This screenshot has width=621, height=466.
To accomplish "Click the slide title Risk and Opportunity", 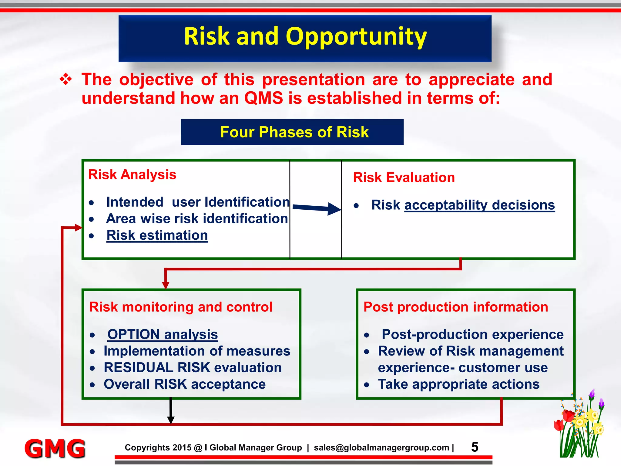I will click(305, 36).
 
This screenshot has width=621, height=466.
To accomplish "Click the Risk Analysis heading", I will click(132, 175).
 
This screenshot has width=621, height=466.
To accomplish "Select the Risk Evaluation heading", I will click(404, 177).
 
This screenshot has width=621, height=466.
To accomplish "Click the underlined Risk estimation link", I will click(157, 235).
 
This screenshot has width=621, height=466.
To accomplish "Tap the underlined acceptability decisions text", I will click(479, 205).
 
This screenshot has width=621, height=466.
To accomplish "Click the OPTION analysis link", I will click(163, 334).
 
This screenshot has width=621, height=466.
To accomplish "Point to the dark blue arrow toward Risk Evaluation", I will click(317, 208).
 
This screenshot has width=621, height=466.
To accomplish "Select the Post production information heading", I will click(456, 307).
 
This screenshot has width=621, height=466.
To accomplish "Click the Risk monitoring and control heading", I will click(181, 307).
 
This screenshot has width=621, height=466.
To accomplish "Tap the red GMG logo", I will click(55, 448).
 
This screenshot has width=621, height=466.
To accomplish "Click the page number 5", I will click(475, 447).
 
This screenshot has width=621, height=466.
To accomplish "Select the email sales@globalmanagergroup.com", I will click(381, 448).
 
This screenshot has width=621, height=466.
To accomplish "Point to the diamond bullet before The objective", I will click(66, 80).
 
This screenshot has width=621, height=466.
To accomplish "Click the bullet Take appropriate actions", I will click(458, 384).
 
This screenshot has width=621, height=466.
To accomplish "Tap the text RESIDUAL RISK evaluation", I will click(193, 368).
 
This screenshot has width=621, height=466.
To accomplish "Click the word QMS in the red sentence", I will click(263, 99).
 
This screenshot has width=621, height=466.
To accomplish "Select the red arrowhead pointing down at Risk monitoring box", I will click(166, 285).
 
